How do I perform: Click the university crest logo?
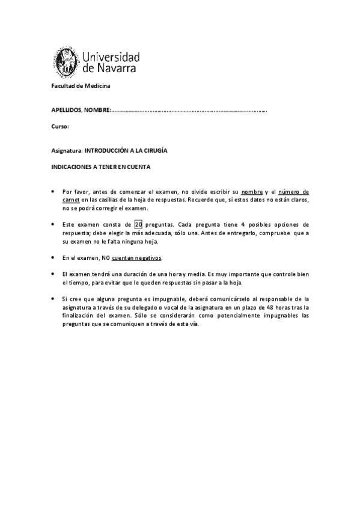[63, 60]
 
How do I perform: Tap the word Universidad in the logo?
[109, 57]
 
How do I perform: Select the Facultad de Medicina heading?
[76, 86]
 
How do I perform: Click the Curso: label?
[60, 127]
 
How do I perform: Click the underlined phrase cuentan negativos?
[137, 257]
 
